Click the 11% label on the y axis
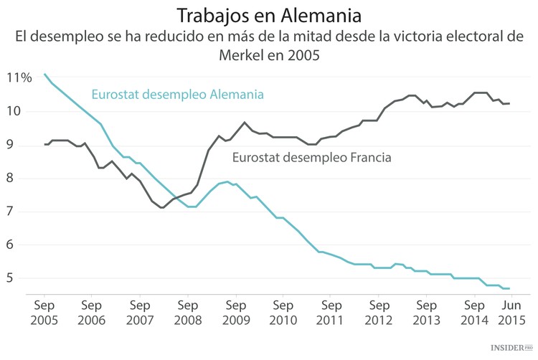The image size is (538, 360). (19, 78)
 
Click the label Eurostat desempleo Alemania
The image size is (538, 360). (177, 94)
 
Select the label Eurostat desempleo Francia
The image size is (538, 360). (311, 157)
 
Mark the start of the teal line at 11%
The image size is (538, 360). (44, 74)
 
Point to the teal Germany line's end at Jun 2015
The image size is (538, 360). (509, 288)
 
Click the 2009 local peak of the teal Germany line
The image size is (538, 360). (227, 181)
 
